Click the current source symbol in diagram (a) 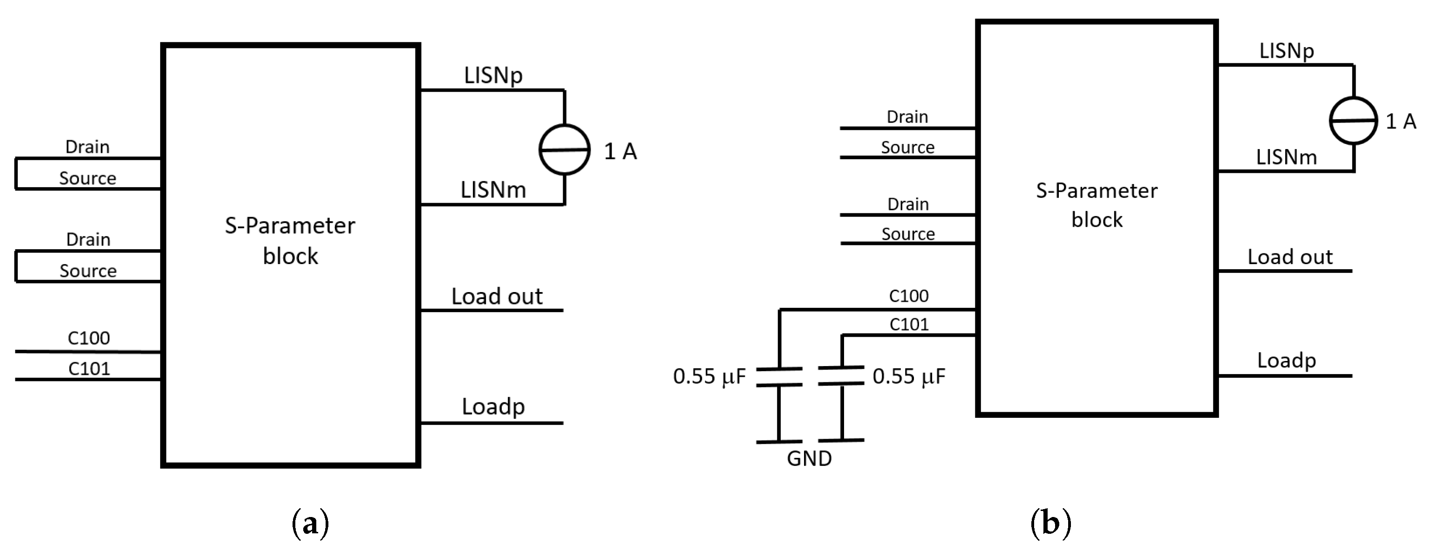pyautogui.click(x=565, y=150)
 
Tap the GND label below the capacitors pyautogui.click(x=810, y=459)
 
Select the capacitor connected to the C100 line pyautogui.click(x=779, y=376)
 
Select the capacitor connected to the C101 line pyautogui.click(x=842, y=375)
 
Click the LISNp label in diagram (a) pyautogui.click(x=493, y=75)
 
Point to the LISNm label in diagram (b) pyautogui.click(x=1287, y=158)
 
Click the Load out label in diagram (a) pyautogui.click(x=497, y=297)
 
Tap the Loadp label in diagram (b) pyautogui.click(x=1287, y=361)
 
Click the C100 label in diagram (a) pyautogui.click(x=89, y=338)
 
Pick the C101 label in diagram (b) pyautogui.click(x=909, y=324)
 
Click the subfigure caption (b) pyautogui.click(x=1050, y=523)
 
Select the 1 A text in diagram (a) pyautogui.click(x=620, y=151)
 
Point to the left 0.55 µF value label pyautogui.click(x=709, y=376)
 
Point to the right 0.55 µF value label pyautogui.click(x=909, y=376)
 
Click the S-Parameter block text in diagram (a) pyautogui.click(x=290, y=240)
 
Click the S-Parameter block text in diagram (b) pyautogui.click(x=1097, y=205)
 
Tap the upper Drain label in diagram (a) pyautogui.click(x=88, y=147)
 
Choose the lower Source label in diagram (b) pyautogui.click(x=908, y=234)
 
